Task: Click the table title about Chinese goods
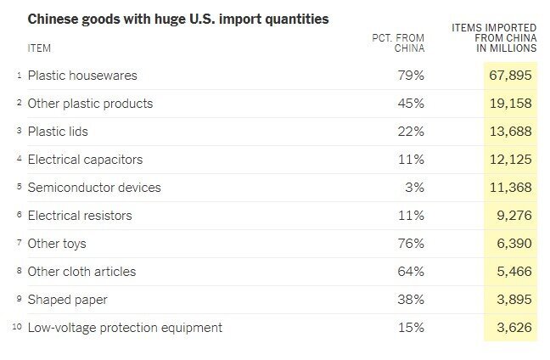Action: pos(178,18)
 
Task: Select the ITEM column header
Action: pos(39,48)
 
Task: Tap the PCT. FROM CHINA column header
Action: pos(398,42)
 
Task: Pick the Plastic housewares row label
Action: pos(82,76)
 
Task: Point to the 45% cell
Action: pos(412,104)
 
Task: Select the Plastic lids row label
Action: pos(58,132)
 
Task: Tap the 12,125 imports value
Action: pos(509,160)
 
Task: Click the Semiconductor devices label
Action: pos(94,188)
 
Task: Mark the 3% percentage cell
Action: pos(415,188)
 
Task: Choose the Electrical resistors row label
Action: pos(80,216)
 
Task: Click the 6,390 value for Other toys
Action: pos(513,244)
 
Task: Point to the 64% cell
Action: pos(412,272)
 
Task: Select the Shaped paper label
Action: pos(68,300)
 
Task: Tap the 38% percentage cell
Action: pos(412,300)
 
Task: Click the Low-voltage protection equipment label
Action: pos(125,328)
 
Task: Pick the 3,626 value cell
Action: pos(513,328)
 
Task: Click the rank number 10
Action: pos(17,328)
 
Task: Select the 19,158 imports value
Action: pos(509,104)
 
